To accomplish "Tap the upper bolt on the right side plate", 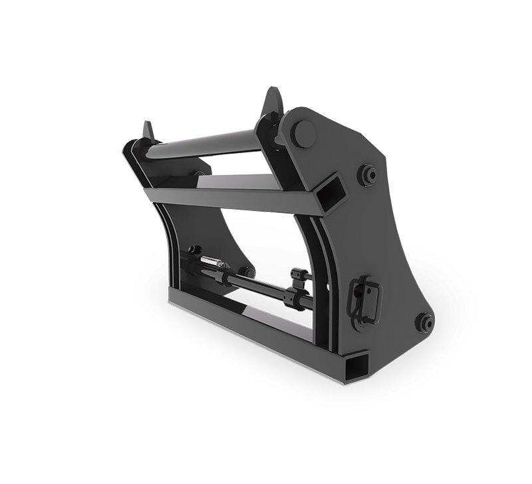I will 366,175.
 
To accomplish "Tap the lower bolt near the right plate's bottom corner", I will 424,322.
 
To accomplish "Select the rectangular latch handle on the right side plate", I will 364,298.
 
